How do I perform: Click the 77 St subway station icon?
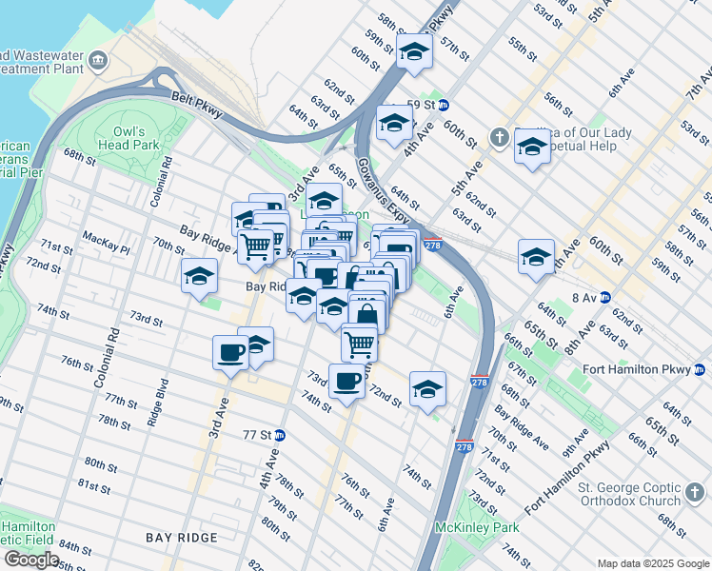click(281, 435)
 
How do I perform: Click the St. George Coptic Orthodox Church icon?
click(696, 495)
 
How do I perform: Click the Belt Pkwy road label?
click(197, 104)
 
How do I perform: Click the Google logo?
click(31, 560)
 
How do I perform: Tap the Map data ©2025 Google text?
click(652, 563)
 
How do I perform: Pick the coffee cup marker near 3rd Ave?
click(229, 353)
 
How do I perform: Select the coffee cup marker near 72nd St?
click(346, 382)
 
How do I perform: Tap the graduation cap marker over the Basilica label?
click(532, 148)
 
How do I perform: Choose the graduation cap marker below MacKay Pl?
click(200, 277)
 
